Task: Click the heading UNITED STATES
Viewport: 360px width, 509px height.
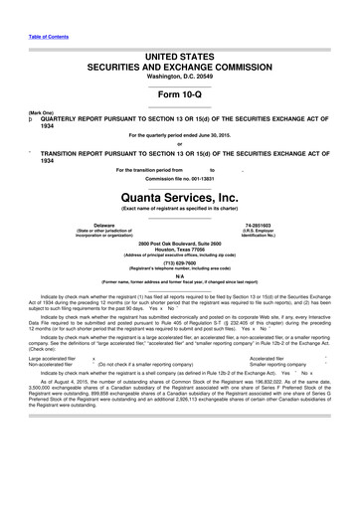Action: pos(179,60)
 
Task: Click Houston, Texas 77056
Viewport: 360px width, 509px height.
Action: pos(179,251)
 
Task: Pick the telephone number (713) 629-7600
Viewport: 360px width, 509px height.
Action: pos(179,263)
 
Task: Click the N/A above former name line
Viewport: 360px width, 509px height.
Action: pos(179,277)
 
